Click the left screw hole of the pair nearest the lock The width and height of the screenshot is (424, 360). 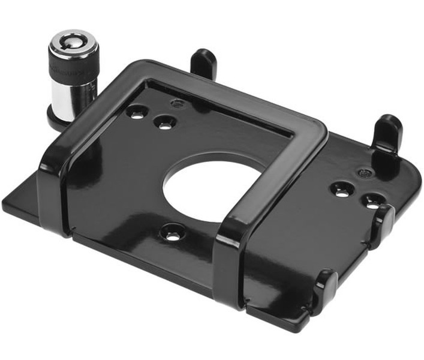click(x=137, y=112)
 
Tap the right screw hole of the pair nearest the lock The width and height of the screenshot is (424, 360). click(x=164, y=123)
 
